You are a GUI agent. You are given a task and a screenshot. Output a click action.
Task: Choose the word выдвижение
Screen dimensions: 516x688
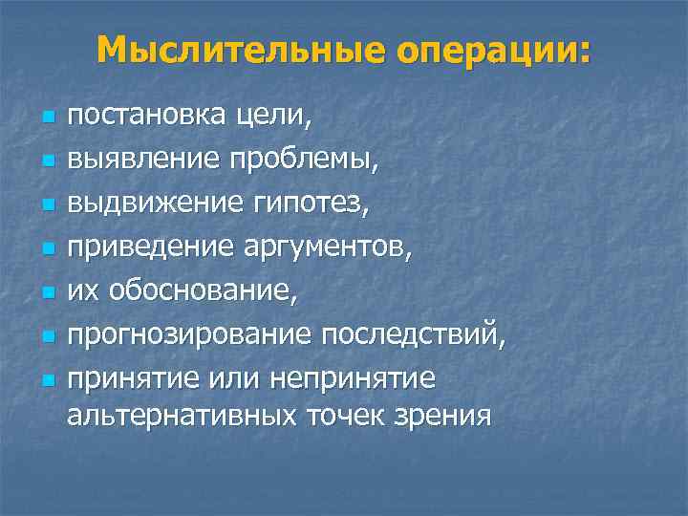click(x=150, y=206)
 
